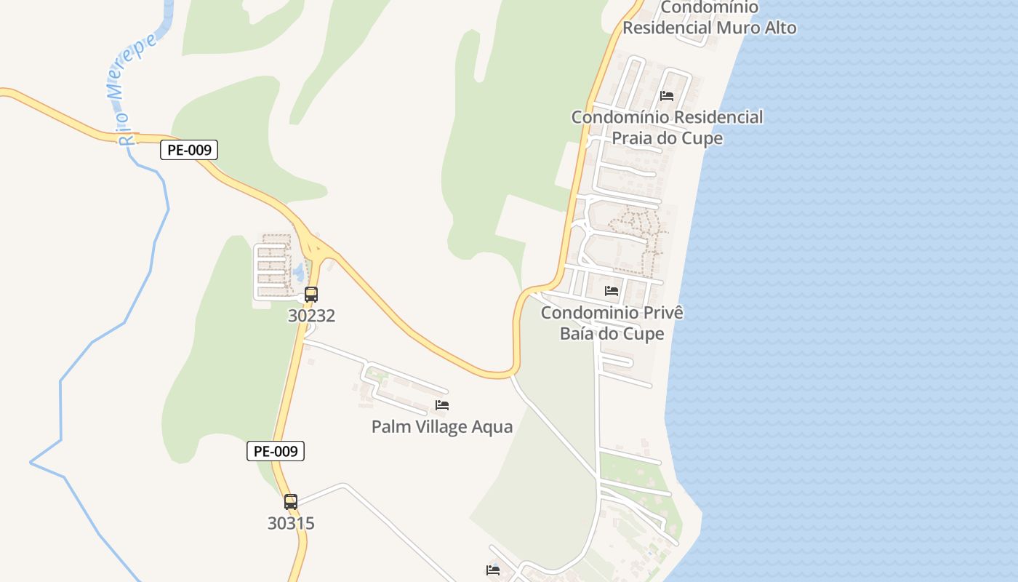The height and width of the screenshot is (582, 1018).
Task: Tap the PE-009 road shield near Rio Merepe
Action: click(x=189, y=151)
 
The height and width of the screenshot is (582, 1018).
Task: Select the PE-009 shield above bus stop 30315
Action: click(x=276, y=451)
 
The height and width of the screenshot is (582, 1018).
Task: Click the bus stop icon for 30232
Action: click(x=311, y=295)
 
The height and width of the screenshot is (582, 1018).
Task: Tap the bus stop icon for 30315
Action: click(x=291, y=501)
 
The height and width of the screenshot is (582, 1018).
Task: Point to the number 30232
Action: click(x=311, y=316)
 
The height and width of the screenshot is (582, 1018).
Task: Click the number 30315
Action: click(x=291, y=523)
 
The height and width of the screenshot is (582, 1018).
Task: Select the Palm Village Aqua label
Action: click(x=442, y=427)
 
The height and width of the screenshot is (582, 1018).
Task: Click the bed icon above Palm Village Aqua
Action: click(x=442, y=405)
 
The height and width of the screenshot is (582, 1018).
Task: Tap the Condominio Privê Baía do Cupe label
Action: click(x=612, y=323)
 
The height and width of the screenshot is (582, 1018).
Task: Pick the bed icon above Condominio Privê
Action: click(x=612, y=291)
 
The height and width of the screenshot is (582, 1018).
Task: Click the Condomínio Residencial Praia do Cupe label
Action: click(x=667, y=127)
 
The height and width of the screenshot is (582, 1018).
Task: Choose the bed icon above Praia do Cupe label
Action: click(x=667, y=95)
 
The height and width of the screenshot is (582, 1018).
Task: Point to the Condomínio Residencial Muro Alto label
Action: click(x=709, y=18)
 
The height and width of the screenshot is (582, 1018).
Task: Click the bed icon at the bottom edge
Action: click(x=493, y=570)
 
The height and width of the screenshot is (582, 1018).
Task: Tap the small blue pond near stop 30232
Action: click(x=299, y=272)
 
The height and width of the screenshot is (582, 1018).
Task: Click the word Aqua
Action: click(x=491, y=427)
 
